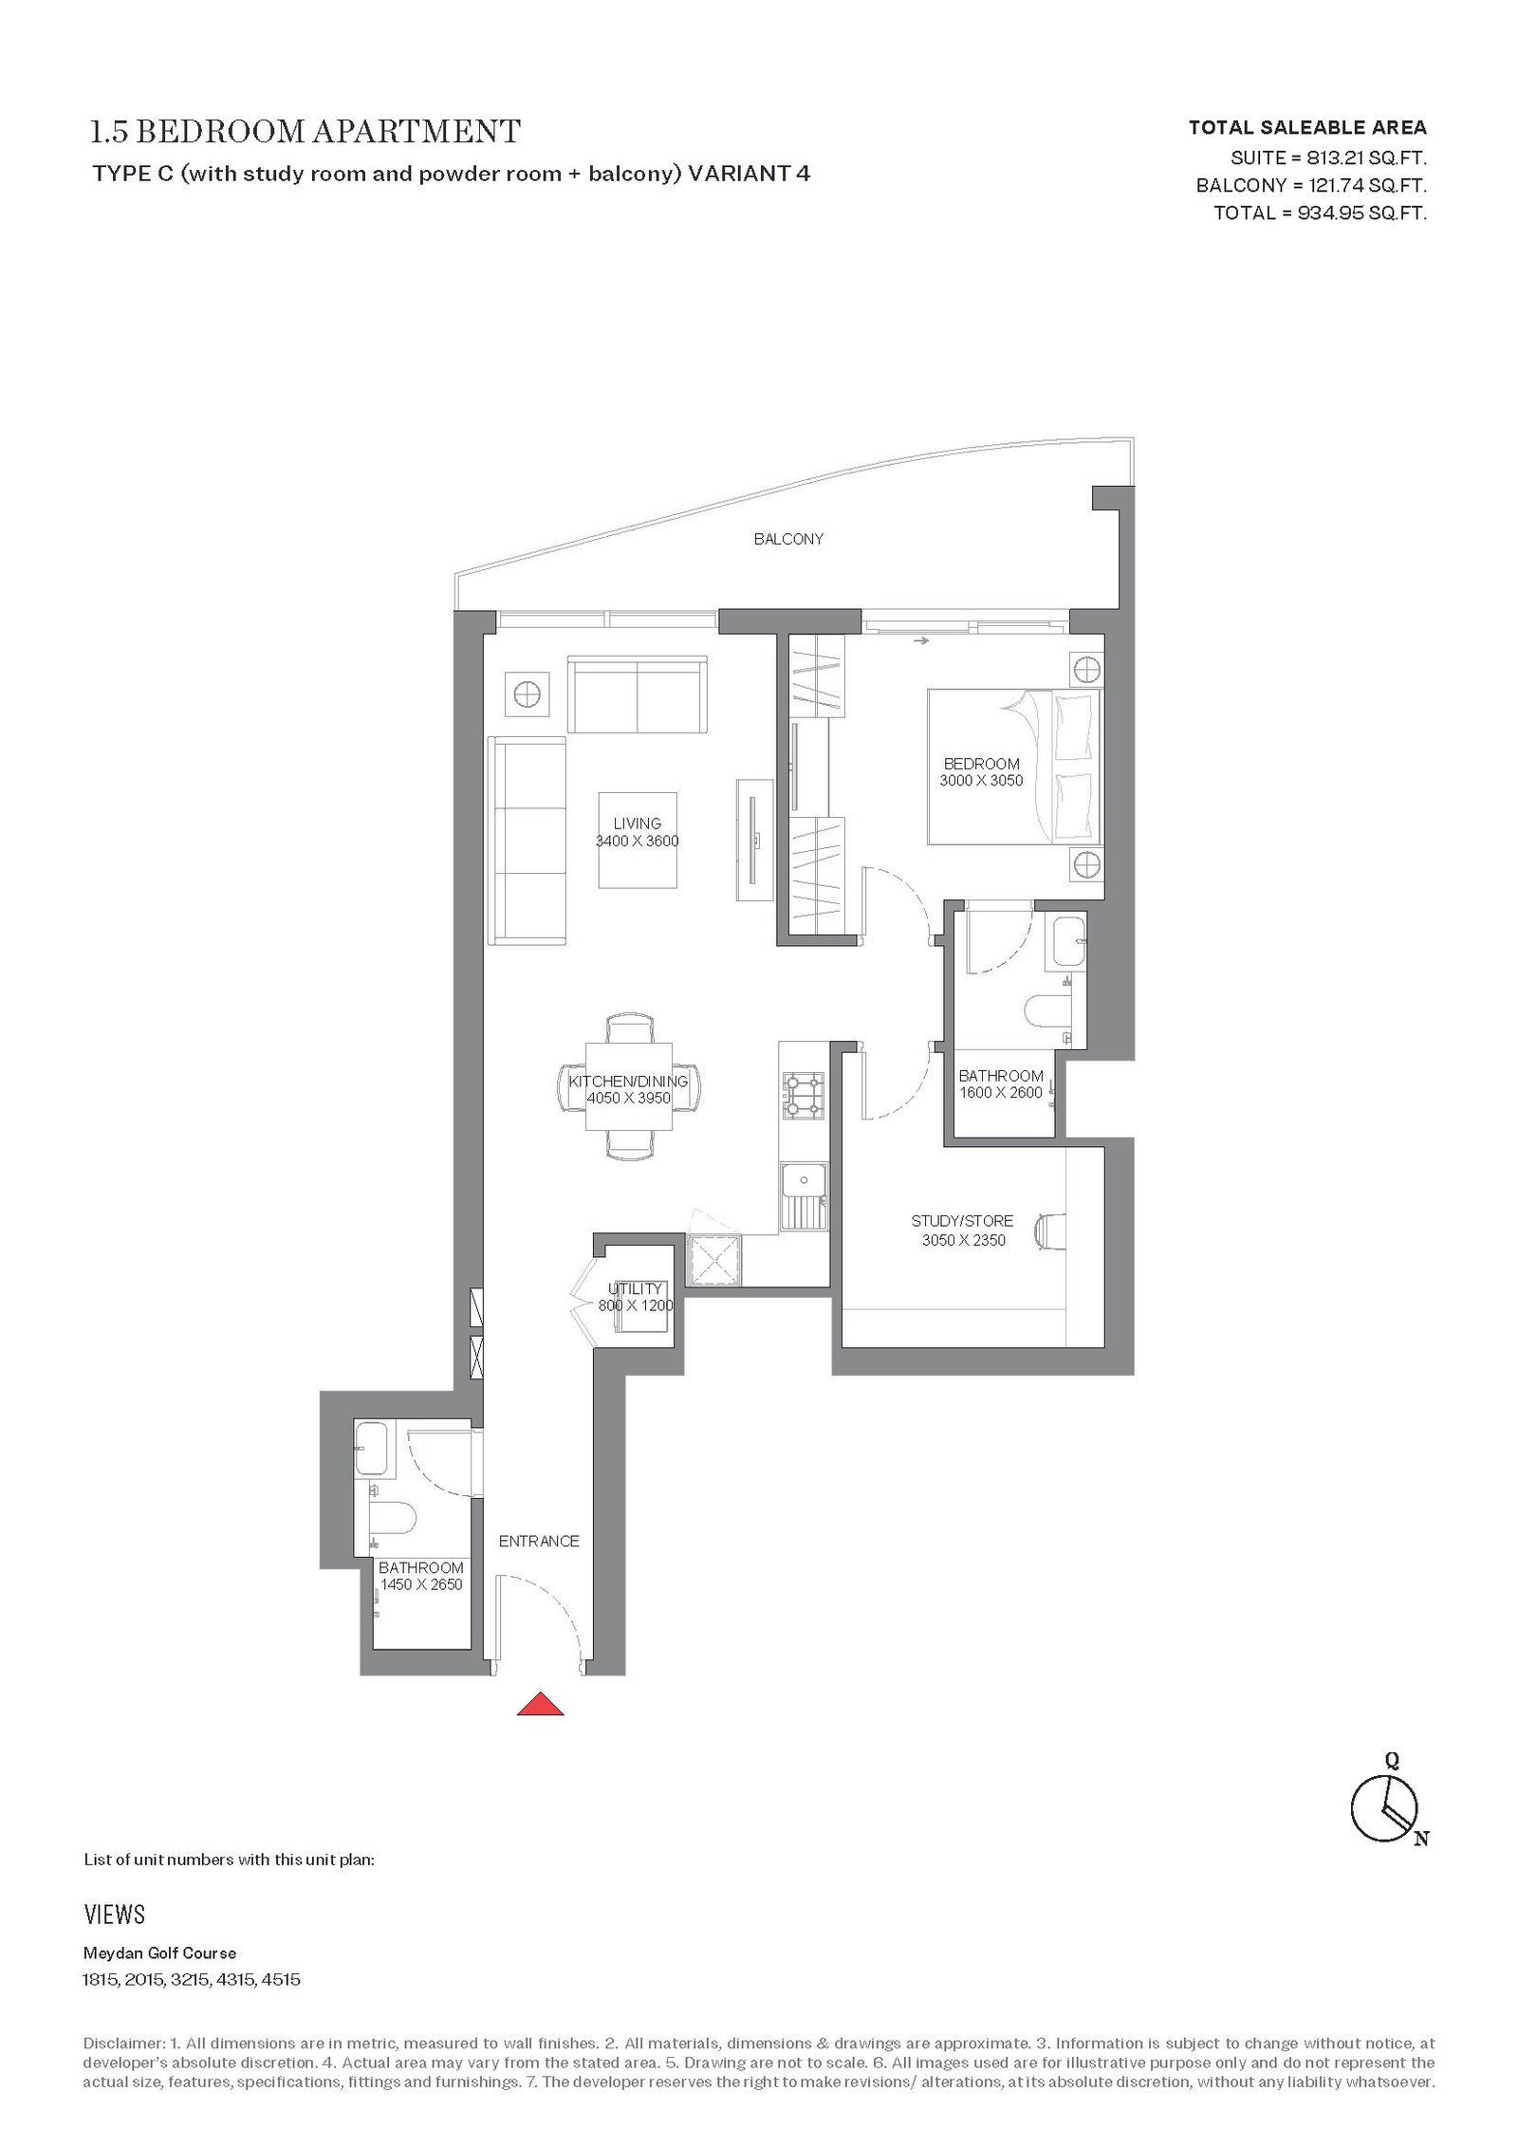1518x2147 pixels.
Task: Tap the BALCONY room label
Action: [788, 539]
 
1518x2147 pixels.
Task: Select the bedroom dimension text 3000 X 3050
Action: [981, 781]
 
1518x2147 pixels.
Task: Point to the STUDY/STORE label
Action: [962, 1221]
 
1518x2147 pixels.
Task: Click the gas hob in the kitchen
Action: [803, 1096]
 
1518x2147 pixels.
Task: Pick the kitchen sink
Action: [804, 1197]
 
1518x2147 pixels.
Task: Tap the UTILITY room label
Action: [635, 1288]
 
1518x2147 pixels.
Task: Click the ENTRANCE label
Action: [539, 1542]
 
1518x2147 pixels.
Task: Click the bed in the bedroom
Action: [1014, 767]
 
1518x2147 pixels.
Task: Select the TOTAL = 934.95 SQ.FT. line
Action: [1320, 213]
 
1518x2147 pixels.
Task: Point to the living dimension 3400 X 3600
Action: [637, 841]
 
